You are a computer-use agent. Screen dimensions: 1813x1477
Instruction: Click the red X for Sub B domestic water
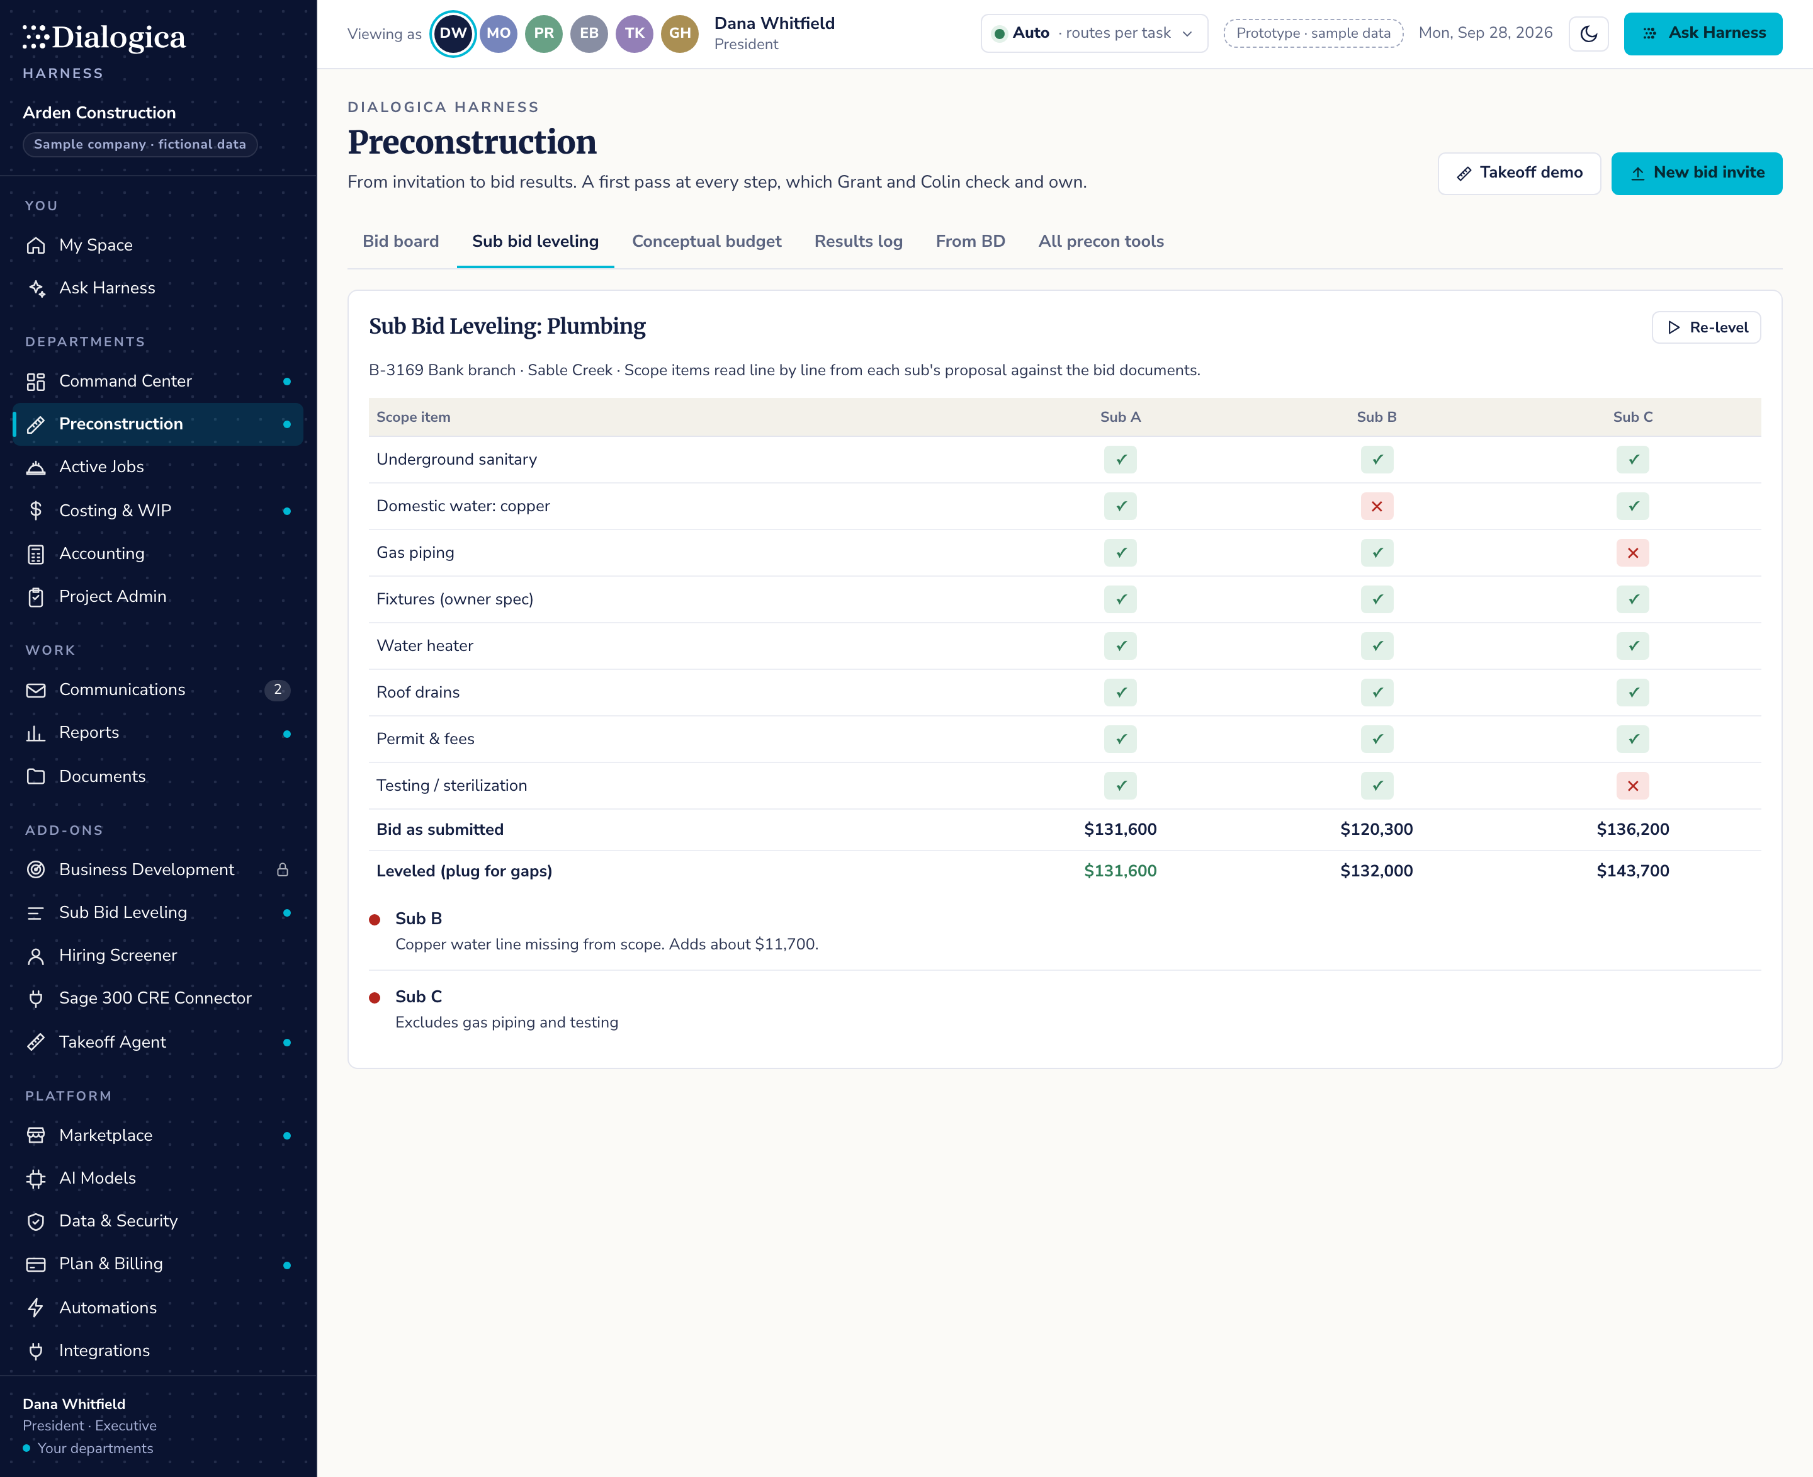click(x=1377, y=506)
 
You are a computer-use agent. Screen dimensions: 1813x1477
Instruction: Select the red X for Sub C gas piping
click(x=1632, y=553)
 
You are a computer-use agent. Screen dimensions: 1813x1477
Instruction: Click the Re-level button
click(x=1706, y=327)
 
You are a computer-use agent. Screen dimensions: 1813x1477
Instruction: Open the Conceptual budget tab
click(x=706, y=242)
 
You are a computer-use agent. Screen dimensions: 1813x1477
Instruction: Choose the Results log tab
click(x=859, y=242)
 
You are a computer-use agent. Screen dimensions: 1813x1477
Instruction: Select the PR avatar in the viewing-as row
click(x=544, y=34)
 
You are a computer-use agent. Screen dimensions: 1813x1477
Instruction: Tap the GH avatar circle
click(x=680, y=34)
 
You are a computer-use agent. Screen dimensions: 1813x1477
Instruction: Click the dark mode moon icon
click(x=1588, y=34)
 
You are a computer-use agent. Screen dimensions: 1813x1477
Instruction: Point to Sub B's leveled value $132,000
click(x=1377, y=871)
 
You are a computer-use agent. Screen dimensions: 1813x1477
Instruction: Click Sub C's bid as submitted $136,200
click(x=1632, y=830)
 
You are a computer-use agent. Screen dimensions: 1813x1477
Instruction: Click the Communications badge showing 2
click(x=278, y=690)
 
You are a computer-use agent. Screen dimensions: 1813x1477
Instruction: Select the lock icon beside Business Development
click(x=283, y=869)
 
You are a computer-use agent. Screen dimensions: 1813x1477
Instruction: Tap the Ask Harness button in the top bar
click(x=1703, y=34)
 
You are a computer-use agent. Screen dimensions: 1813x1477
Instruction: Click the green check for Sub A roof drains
click(x=1121, y=693)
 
